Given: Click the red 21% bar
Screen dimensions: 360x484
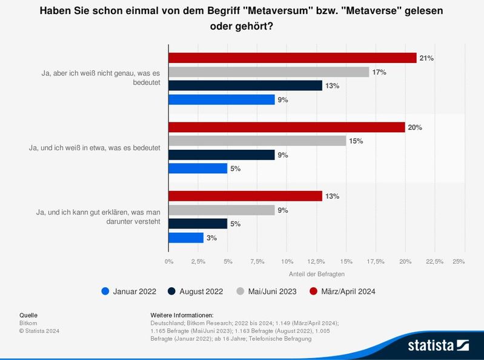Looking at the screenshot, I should click(293, 58).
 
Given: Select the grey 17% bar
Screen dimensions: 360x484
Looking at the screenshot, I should click(268, 72).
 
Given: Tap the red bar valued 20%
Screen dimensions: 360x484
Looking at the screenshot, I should click(287, 127).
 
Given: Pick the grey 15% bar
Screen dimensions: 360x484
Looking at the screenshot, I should click(257, 141).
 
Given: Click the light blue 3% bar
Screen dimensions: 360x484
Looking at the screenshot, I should click(186, 238).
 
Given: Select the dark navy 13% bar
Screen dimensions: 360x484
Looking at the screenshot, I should click(245, 86).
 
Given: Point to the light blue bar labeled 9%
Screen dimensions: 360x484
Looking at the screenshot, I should click(222, 100).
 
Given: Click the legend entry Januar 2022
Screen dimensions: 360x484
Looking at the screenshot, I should click(129, 292).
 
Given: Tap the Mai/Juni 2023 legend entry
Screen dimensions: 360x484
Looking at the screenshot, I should click(266, 292).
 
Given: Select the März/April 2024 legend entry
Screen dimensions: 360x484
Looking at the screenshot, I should click(342, 292).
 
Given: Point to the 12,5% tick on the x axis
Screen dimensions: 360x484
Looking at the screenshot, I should click(316, 261).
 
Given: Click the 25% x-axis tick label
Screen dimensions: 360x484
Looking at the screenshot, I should click(459, 261).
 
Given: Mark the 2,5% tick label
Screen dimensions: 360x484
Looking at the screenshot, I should click(198, 261).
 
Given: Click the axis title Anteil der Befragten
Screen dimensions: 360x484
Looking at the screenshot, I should click(316, 274).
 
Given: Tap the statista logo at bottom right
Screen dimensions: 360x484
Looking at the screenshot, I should click(437, 345).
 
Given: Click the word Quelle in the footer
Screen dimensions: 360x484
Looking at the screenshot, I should click(28, 315).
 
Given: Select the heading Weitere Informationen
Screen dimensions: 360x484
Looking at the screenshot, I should click(182, 315).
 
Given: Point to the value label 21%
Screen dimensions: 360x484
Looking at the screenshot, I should click(426, 58).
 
